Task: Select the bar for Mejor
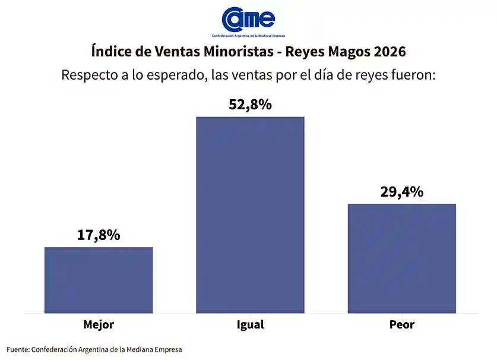[99, 280]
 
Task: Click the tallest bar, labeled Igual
[250, 214]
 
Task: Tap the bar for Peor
[401, 258]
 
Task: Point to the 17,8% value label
[99, 235]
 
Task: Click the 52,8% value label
[250, 105]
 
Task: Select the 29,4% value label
[401, 192]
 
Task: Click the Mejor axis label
[99, 325]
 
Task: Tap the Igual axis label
[250, 325]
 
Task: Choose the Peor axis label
[401, 325]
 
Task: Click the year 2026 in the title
[390, 52]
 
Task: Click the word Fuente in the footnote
[18, 349]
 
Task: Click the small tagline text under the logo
[248, 36]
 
